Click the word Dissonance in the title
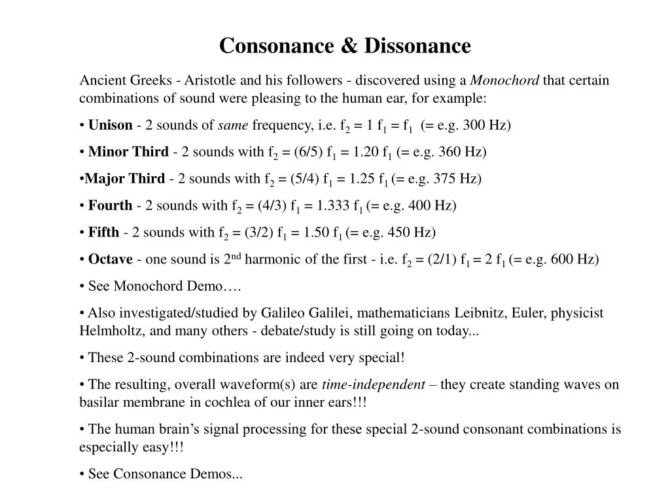click(417, 46)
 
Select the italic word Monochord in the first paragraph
click(505, 81)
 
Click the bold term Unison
click(110, 125)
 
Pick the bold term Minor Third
click(128, 152)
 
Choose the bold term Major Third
click(125, 179)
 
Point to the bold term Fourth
click(110, 206)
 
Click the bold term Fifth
click(103, 233)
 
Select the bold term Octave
click(110, 259)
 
